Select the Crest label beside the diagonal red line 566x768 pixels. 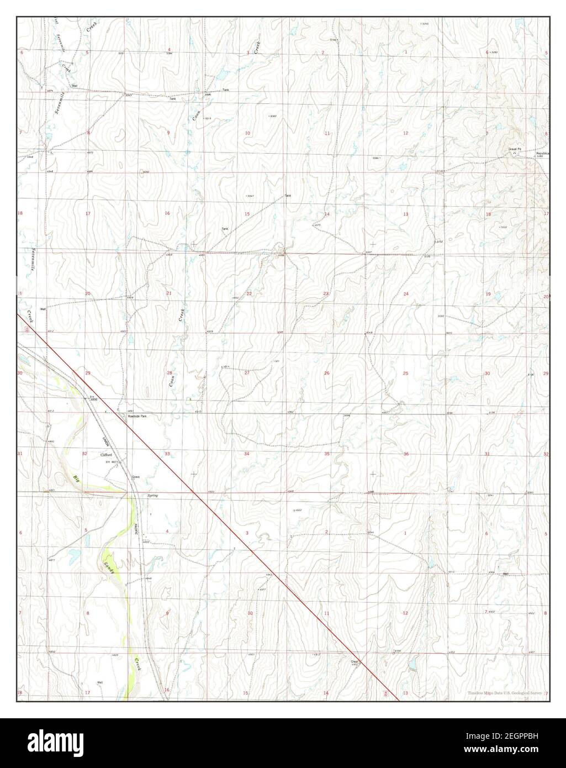tap(354, 661)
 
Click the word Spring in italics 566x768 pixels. tap(152, 496)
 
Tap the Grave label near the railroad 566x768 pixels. tap(137, 476)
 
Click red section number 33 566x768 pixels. tap(167, 454)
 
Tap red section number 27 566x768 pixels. tap(247, 373)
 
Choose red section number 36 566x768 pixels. tap(406, 454)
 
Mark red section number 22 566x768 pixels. tap(249, 293)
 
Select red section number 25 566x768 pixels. tap(406, 374)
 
